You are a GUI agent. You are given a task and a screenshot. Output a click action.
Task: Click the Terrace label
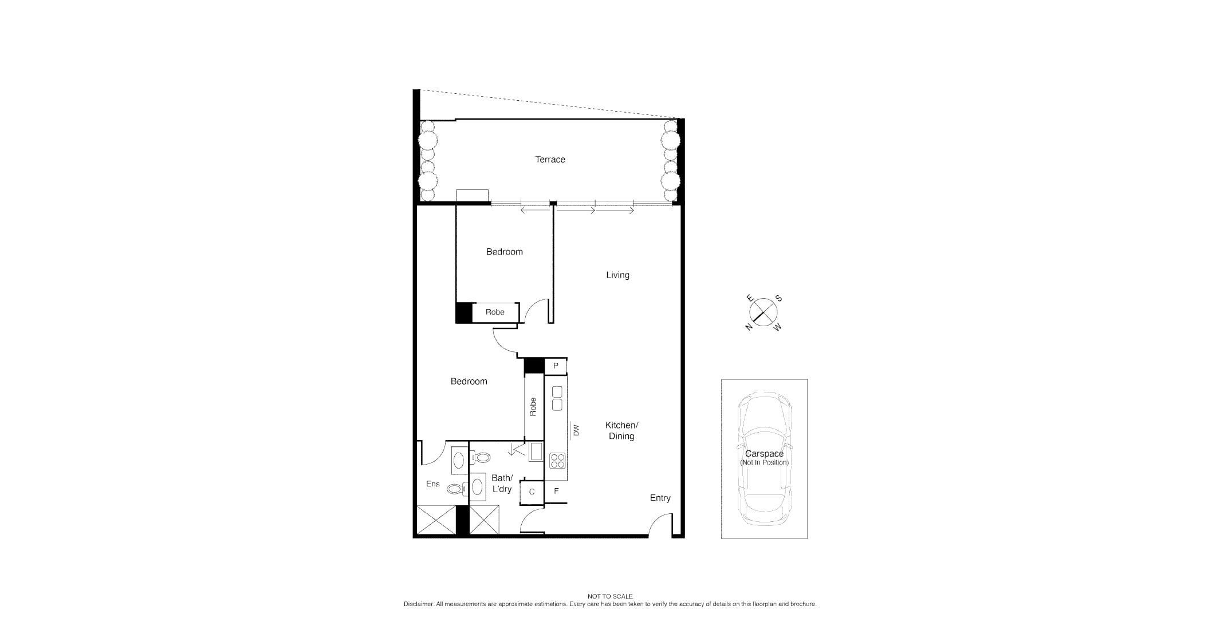pyautogui.click(x=550, y=160)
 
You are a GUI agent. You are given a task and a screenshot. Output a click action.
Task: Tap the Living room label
pyautogui.click(x=617, y=275)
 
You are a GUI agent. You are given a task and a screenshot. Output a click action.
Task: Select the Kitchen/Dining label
pyautogui.click(x=621, y=430)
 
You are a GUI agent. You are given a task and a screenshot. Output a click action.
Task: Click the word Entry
pyautogui.click(x=660, y=498)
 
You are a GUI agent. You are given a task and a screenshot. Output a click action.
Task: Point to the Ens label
pyautogui.click(x=432, y=484)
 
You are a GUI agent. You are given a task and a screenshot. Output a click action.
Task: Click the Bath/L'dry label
pyautogui.click(x=502, y=484)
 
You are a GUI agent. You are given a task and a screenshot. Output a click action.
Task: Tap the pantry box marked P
pyautogui.click(x=556, y=366)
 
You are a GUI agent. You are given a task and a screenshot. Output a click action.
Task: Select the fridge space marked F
pyautogui.click(x=556, y=491)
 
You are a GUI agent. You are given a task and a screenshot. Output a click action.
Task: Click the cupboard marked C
pyautogui.click(x=532, y=492)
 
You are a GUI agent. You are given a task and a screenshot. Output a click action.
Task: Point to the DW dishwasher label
pyautogui.click(x=576, y=430)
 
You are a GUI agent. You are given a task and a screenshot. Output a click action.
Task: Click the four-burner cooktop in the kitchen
pyautogui.click(x=557, y=460)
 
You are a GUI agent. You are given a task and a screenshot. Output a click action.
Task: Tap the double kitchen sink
pyautogui.click(x=557, y=398)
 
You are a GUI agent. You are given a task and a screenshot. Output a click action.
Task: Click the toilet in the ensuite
pyautogui.click(x=455, y=489)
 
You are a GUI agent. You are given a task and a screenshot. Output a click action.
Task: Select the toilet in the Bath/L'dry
pyautogui.click(x=482, y=457)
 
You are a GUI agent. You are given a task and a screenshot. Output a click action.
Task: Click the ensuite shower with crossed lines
pyautogui.click(x=436, y=520)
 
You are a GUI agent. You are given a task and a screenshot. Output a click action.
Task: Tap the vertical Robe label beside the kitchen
pyautogui.click(x=533, y=406)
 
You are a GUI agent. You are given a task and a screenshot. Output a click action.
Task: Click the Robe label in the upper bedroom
pyautogui.click(x=495, y=312)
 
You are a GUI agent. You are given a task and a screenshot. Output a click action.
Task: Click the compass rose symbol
pyautogui.click(x=764, y=312)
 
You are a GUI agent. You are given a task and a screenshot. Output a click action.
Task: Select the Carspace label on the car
pyautogui.click(x=764, y=454)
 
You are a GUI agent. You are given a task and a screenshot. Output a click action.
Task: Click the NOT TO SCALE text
pyautogui.click(x=609, y=596)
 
